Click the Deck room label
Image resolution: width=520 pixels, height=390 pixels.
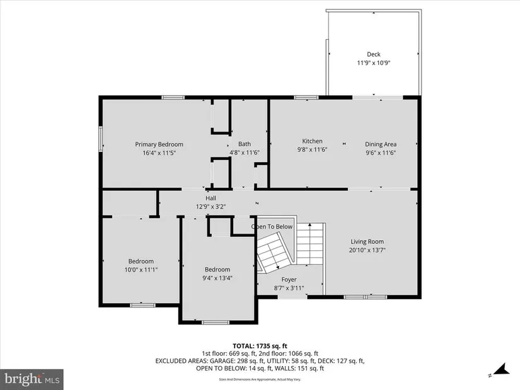click(373, 54)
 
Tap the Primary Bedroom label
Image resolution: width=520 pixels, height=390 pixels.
click(159, 144)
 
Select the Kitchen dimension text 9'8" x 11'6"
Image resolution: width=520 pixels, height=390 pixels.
click(312, 149)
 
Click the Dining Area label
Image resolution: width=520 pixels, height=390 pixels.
click(381, 144)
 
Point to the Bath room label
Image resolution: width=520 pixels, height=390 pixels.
click(245, 144)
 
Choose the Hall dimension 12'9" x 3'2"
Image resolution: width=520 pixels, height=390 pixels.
click(211, 207)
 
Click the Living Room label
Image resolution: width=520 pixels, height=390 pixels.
click(367, 242)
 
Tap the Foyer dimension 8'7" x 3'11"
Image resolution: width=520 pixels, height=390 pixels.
click(289, 288)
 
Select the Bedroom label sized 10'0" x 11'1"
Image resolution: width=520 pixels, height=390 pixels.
click(141, 261)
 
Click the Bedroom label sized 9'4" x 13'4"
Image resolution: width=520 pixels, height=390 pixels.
click(217, 270)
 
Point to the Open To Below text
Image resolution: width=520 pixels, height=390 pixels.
click(272, 227)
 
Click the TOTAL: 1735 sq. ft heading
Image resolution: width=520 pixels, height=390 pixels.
click(260, 347)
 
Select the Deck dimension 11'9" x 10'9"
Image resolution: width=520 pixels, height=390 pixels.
click(373, 63)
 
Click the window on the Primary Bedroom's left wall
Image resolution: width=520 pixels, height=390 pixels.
click(100, 139)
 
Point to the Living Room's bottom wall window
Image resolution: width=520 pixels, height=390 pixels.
click(365, 297)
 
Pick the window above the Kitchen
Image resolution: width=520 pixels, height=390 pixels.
click(306, 97)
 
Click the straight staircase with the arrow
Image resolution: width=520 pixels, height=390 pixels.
click(309, 244)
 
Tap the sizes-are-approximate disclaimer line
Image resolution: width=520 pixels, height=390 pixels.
click(260, 379)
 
